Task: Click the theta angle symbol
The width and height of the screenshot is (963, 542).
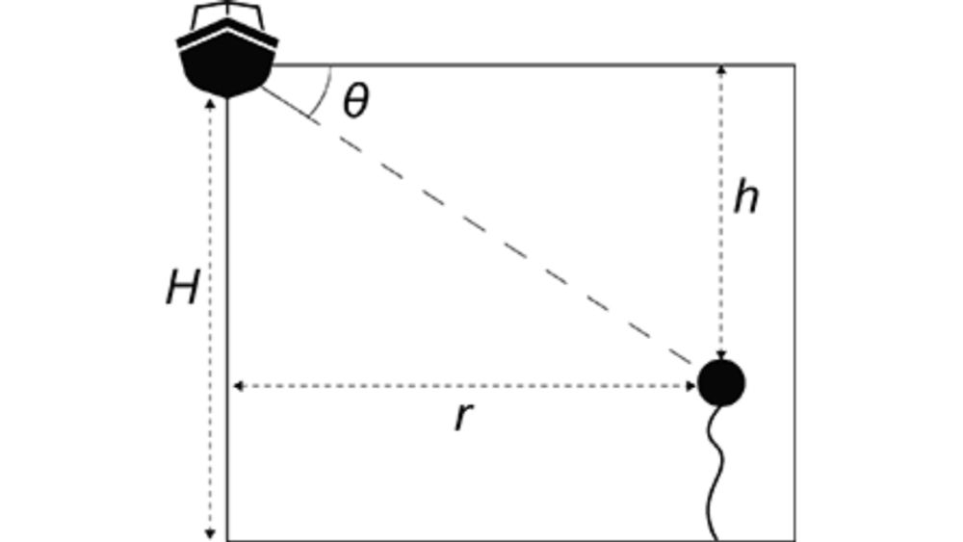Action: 356,101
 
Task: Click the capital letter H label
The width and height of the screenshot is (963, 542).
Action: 183,288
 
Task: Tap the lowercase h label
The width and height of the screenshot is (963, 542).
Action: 746,197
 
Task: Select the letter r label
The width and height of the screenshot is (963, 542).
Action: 464,418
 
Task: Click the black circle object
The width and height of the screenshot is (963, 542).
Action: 721,383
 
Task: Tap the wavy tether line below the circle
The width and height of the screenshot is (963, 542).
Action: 715,473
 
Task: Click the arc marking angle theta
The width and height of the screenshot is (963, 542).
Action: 324,92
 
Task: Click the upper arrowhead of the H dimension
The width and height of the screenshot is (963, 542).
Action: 210,104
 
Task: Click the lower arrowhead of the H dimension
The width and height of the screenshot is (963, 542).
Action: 210,534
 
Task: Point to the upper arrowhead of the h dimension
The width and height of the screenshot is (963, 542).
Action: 721,69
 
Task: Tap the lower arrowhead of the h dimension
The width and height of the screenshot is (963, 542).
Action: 721,355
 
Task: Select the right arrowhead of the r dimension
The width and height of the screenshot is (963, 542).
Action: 690,386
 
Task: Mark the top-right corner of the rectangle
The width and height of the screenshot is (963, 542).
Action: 795,65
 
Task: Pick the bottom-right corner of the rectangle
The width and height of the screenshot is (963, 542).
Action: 795,540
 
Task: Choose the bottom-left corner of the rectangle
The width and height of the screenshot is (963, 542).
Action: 228,540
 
